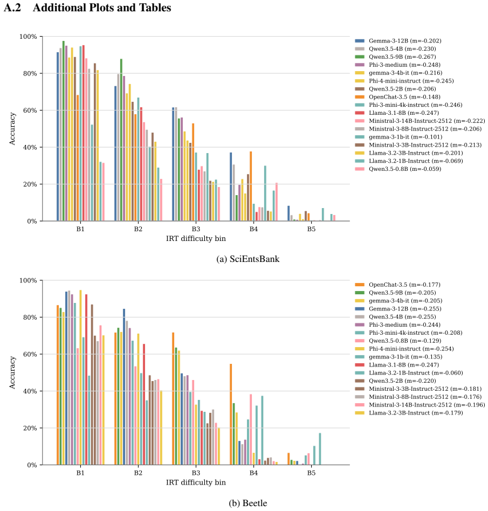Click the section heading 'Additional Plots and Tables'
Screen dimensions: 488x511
tap(102, 8)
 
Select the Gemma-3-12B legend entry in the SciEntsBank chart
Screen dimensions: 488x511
tap(398, 41)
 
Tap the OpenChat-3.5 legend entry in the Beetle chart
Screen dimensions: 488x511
tap(398, 285)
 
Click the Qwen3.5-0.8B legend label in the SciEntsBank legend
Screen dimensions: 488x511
tap(405, 169)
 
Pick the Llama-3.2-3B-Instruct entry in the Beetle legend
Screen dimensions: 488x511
tap(409, 412)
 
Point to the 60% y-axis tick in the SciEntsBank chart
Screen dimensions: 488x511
tap(30, 111)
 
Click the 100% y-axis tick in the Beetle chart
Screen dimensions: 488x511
tap(29, 280)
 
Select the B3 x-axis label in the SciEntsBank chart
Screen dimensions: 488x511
tap(196, 229)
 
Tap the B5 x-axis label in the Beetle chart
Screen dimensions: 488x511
tap(311, 473)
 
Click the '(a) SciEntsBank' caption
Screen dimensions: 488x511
tap(248, 259)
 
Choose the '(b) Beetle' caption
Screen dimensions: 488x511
tap(248, 503)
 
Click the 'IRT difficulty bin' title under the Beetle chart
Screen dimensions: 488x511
tap(196, 482)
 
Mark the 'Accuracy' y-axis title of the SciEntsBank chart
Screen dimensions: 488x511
tap(12, 129)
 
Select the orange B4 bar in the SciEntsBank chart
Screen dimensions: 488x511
tap(251, 186)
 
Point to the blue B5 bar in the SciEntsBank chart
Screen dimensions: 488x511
tap(288, 213)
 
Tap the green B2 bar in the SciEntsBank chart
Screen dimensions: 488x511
tap(121, 140)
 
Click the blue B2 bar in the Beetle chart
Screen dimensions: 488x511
tap(124, 387)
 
